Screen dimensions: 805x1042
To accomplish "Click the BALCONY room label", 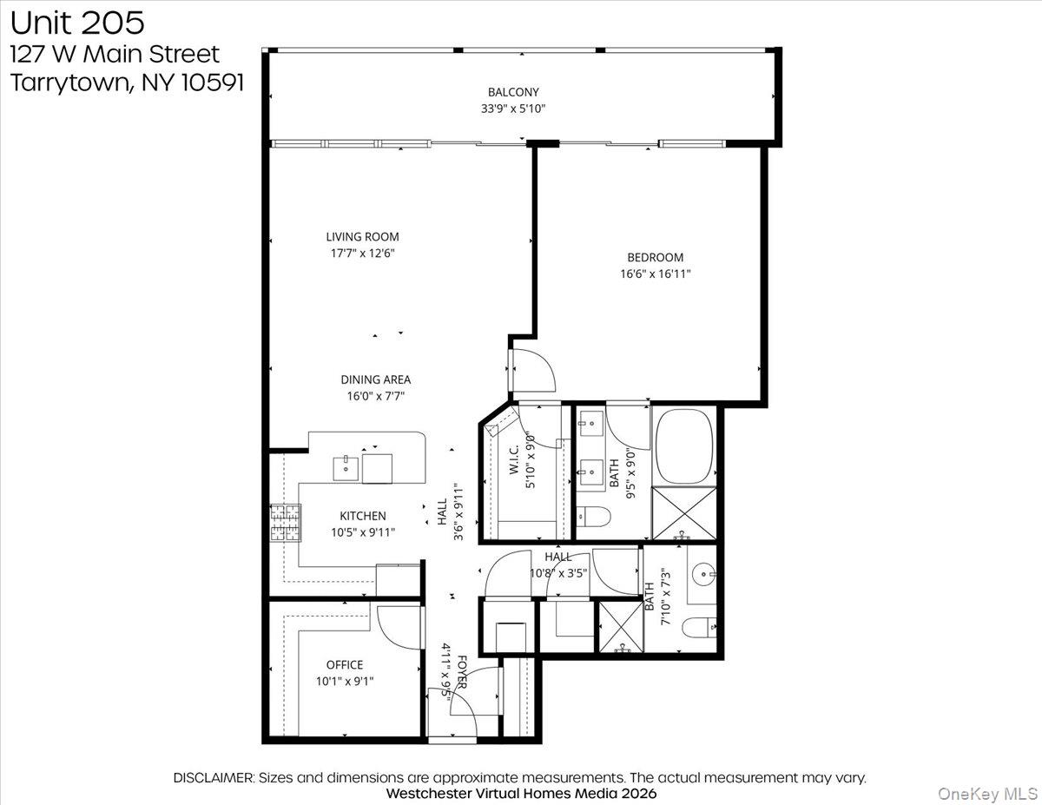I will point(513,92).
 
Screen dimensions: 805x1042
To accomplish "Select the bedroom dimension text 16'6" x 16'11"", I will point(655,274).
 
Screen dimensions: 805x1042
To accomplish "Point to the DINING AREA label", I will point(375,379).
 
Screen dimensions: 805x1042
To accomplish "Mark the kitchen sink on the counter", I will point(346,467).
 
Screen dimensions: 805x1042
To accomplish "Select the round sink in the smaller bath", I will point(706,573).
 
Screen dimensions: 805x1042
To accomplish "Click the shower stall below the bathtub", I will point(685,514).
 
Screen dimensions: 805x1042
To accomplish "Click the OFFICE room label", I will point(345,665).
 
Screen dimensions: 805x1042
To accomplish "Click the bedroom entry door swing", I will point(532,369).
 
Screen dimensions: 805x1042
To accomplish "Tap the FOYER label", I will point(462,671).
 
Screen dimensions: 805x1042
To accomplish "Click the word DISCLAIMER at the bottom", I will point(214,777).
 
